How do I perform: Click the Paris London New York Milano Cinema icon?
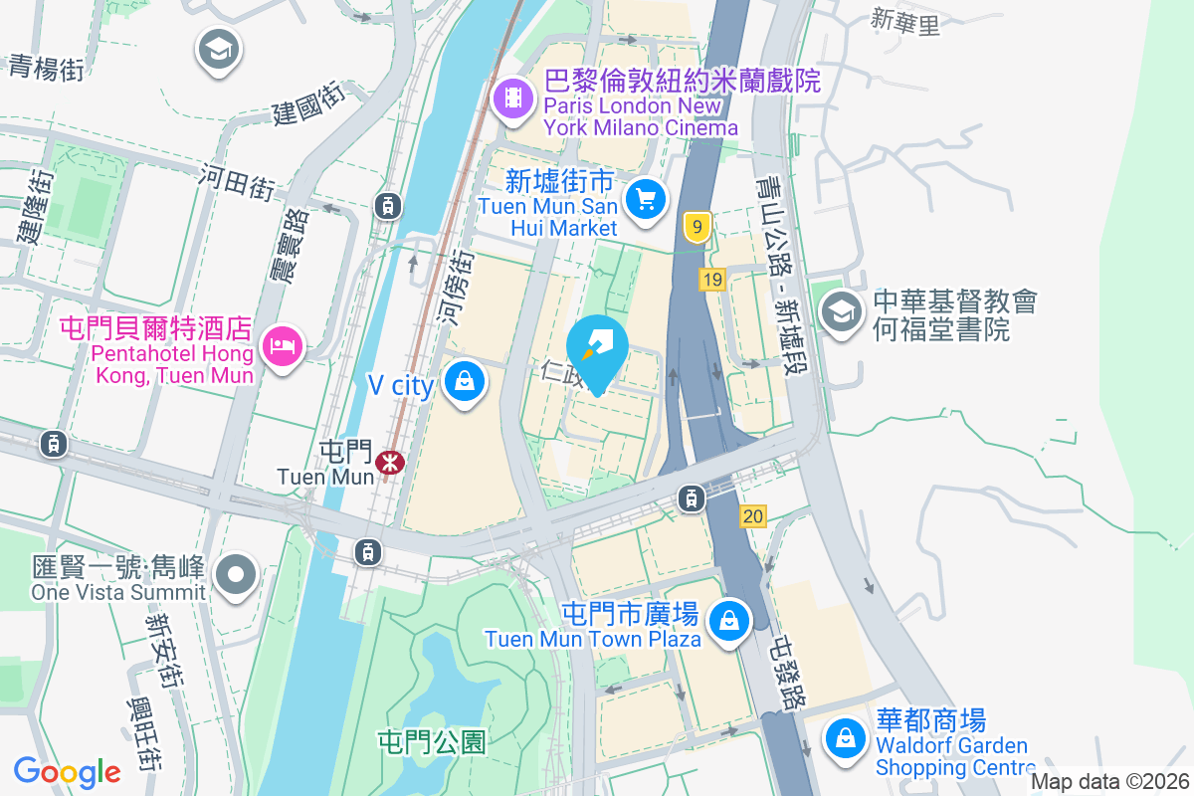tap(513, 97)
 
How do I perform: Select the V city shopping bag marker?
tap(464, 380)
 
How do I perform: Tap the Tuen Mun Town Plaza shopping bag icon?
tap(729, 620)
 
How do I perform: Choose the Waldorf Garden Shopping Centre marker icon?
tap(845, 738)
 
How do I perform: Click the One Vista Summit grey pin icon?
tap(237, 574)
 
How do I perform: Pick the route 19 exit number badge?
tap(710, 281)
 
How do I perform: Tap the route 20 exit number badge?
tap(753, 515)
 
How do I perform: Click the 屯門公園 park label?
tap(432, 741)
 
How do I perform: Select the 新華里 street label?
tap(904, 21)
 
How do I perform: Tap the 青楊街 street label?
tap(47, 67)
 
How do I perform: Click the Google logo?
tap(67, 771)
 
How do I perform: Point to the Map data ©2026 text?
tap(1108, 782)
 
